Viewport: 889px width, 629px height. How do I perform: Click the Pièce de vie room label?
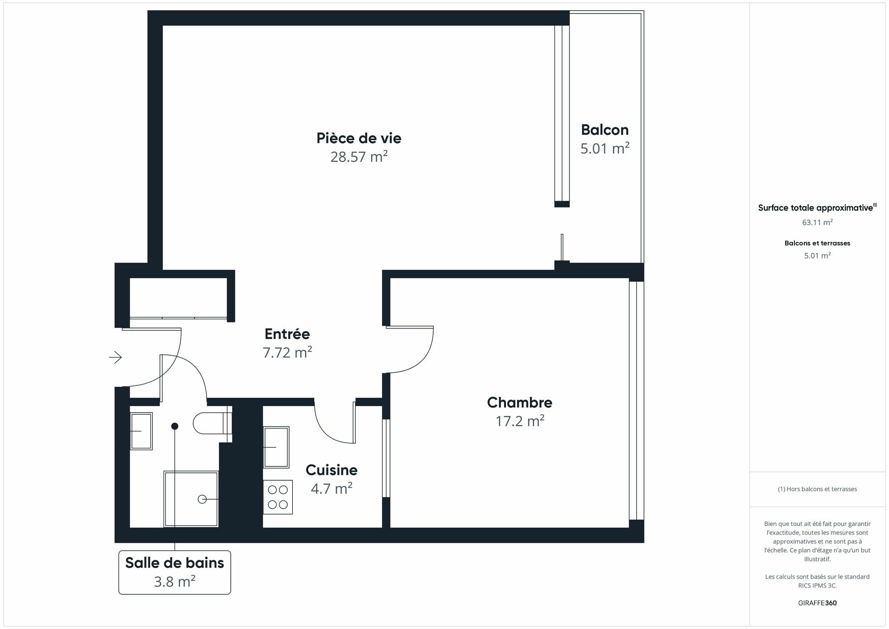[359, 138]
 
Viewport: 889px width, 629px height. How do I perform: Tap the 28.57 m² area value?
[359, 157]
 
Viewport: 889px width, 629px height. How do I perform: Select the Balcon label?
[605, 130]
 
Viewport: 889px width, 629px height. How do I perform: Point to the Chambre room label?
[519, 403]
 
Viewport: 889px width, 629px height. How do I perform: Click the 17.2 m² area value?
[519, 421]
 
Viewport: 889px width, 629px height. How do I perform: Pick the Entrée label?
[287, 333]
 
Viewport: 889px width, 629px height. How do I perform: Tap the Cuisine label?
[331, 470]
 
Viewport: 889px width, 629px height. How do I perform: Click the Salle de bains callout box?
[175, 572]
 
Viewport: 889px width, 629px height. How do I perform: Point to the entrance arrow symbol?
[115, 357]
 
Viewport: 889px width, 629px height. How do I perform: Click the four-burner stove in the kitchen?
[278, 497]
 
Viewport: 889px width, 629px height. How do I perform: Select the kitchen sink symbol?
[276, 447]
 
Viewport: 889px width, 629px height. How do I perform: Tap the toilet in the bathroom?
[212, 422]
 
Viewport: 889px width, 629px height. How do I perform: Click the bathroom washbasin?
[141, 431]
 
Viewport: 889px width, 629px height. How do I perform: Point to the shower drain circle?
[202, 499]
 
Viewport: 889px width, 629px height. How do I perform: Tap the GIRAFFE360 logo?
[817, 603]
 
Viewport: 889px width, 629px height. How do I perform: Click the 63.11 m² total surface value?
[817, 222]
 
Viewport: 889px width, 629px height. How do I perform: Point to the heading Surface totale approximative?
[817, 208]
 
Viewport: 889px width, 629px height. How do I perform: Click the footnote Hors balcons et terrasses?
[817, 489]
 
